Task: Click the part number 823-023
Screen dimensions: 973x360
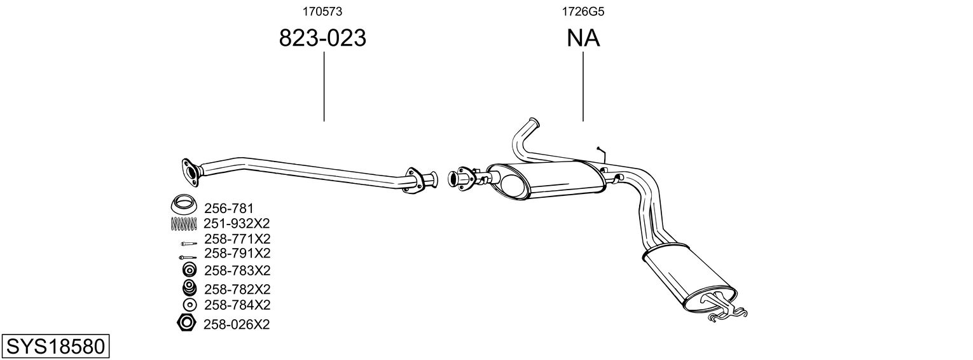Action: point(323,38)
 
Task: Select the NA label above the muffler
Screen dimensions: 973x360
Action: point(583,38)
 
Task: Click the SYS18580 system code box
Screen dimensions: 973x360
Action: point(55,347)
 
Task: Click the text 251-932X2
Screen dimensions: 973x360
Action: point(237,223)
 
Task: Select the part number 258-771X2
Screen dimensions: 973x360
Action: point(237,239)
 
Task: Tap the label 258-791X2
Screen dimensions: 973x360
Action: point(237,253)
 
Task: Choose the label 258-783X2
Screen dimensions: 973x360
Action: point(237,270)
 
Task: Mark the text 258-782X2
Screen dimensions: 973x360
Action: point(237,289)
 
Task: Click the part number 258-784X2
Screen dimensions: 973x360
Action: point(237,304)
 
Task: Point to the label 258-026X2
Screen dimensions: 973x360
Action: point(237,324)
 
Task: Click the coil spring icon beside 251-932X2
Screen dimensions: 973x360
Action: point(185,223)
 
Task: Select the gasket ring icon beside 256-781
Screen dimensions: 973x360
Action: point(184,205)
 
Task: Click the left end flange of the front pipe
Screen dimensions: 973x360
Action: point(190,170)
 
